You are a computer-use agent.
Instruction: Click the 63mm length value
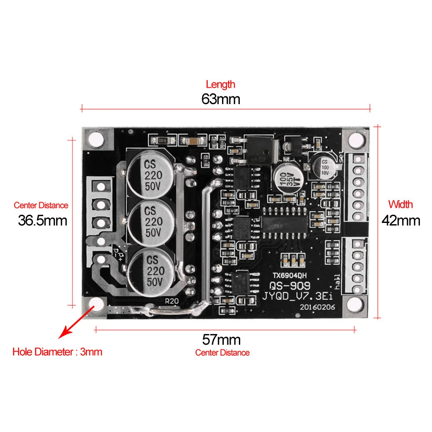220,99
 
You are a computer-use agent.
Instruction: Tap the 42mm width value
400,220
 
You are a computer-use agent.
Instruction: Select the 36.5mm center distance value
42,220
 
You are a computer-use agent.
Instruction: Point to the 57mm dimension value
221,339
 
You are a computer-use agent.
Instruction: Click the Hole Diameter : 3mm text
57,352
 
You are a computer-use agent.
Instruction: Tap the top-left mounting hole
96,139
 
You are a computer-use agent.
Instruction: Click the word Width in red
400,204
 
